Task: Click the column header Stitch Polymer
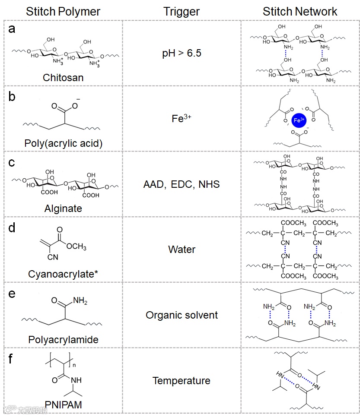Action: pyautogui.click(x=63, y=11)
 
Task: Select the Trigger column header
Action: pyautogui.click(x=182, y=11)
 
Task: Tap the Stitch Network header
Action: pyautogui.click(x=300, y=11)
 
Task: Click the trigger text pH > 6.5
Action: pyautogui.click(x=182, y=54)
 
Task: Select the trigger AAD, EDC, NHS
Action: pyautogui.click(x=182, y=185)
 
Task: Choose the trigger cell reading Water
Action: pyautogui.click(x=182, y=250)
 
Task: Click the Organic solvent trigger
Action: pyautogui.click(x=182, y=315)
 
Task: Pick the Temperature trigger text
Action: pyautogui.click(x=182, y=381)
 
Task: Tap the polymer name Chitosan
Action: pyautogui.click(x=63, y=78)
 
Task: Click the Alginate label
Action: pyautogui.click(x=63, y=209)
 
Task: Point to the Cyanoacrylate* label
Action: pyautogui.click(x=63, y=274)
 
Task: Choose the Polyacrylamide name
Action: pyautogui.click(x=63, y=340)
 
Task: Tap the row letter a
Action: pyautogui.click(x=12, y=29)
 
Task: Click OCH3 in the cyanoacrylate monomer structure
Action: pyautogui.click(x=77, y=247)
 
